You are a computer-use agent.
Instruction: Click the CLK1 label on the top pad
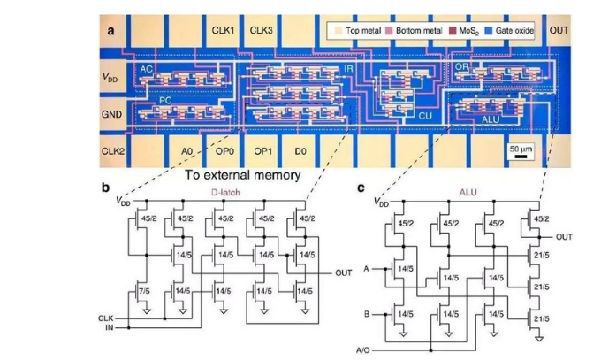pyautogui.click(x=222, y=32)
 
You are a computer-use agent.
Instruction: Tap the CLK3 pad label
pyautogui.click(x=262, y=32)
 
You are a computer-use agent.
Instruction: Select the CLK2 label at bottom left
pyautogui.click(x=113, y=151)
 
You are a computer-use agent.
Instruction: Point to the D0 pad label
pyautogui.click(x=300, y=151)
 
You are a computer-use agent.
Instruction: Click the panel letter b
pyautogui.click(x=106, y=186)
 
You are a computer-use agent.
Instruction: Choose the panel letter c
pyautogui.click(x=361, y=186)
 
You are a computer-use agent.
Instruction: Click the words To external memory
pyautogui.click(x=243, y=175)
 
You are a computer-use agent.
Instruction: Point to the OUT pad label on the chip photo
pyautogui.click(x=559, y=31)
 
